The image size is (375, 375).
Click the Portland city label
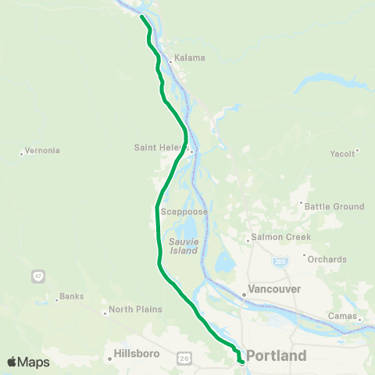(x=276, y=355)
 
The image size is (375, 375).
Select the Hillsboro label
(x=137, y=353)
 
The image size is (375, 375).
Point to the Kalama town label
(x=189, y=58)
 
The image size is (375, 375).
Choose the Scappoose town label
(x=184, y=212)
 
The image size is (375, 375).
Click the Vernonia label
(x=42, y=151)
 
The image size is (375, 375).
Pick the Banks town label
(x=71, y=297)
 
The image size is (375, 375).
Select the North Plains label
(x=135, y=309)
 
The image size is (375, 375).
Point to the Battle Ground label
(x=334, y=206)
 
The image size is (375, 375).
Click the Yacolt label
(x=342, y=153)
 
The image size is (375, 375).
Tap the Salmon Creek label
(x=280, y=237)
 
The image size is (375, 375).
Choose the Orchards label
(x=327, y=259)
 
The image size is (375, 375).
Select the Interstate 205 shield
(x=278, y=261)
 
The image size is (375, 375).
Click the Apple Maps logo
(x=28, y=362)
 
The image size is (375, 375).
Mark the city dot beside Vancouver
(x=244, y=295)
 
